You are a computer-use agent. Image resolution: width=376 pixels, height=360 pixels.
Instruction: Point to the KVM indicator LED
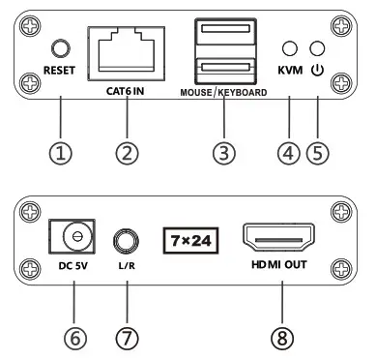click(288, 47)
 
